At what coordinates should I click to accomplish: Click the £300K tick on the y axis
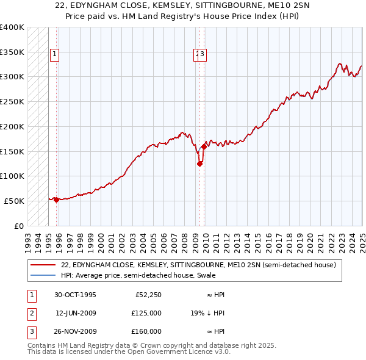12,77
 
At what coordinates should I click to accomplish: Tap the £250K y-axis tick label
12,102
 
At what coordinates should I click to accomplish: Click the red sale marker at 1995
56,200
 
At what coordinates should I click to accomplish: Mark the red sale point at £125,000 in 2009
199,163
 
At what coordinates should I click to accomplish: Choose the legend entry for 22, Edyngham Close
198,265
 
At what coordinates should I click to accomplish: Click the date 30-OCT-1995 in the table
75,295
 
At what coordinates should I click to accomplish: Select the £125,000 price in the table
146,313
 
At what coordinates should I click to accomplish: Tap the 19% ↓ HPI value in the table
207,313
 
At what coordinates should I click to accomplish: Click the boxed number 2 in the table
31,313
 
